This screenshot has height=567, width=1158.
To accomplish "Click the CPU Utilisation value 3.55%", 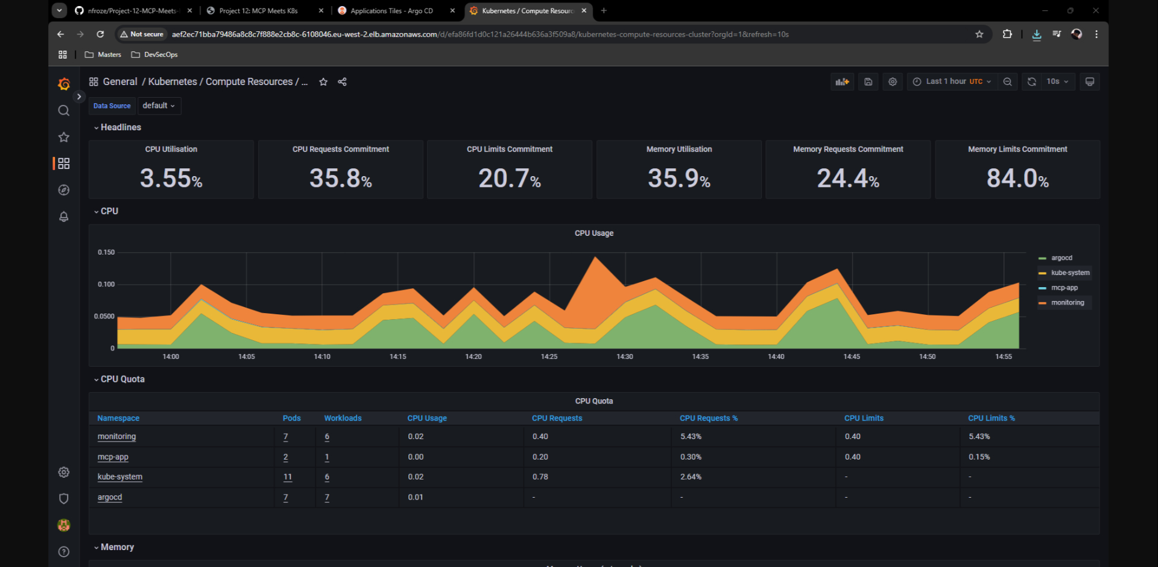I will [171, 178].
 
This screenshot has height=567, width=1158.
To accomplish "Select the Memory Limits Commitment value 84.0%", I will [1017, 178].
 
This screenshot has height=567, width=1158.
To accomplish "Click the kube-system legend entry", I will [1069, 273].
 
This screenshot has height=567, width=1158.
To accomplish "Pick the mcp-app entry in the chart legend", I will [1064, 288].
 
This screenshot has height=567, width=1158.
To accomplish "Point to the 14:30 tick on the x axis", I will [625, 356].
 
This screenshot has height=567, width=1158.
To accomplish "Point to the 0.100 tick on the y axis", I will [106, 284].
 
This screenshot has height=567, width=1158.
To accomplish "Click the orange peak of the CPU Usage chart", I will [596, 259].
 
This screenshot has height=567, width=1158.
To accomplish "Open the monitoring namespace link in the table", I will [116, 437].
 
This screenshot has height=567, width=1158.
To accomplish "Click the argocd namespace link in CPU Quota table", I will [110, 498].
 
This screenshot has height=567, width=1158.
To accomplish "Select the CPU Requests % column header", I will [708, 418].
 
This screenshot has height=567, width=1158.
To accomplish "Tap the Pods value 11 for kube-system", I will [288, 477].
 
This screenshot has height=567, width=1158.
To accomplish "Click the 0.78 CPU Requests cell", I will [540, 477].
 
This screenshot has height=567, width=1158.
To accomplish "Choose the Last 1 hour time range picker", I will [952, 81].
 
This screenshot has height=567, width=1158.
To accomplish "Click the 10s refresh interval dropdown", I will [1057, 81].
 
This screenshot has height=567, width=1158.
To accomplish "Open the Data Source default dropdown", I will [159, 106].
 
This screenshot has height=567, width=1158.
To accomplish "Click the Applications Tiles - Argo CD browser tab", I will [391, 11].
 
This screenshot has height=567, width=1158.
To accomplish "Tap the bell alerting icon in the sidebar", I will [63, 217].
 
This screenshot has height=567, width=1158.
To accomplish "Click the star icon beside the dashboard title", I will [323, 82].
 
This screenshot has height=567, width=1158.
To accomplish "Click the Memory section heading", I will [117, 547].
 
